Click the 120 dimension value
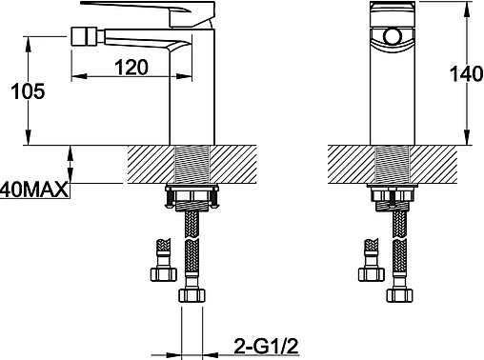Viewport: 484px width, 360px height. (131, 67)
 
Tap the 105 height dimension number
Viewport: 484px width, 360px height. (28, 91)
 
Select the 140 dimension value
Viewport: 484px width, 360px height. (467, 74)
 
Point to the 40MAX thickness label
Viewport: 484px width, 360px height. (34, 190)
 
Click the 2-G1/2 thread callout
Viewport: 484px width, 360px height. (267, 346)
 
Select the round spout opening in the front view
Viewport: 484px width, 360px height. (393, 35)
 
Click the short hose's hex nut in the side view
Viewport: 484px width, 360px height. (163, 274)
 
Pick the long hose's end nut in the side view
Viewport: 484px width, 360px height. (192, 295)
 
